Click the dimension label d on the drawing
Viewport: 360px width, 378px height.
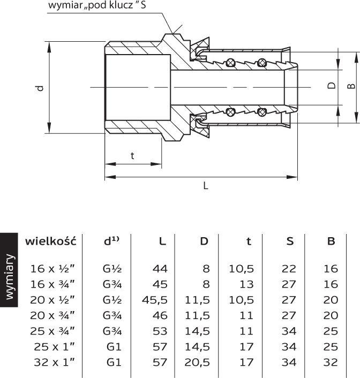(x=41, y=88)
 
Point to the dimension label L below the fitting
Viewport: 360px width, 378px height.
(x=206, y=186)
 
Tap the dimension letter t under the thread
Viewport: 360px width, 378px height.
(x=132, y=156)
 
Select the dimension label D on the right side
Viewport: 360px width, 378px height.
(x=332, y=86)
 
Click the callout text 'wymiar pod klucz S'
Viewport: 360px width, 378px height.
(x=97, y=5)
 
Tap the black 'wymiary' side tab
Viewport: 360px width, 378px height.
(x=9, y=270)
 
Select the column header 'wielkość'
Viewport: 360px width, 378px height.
(x=51, y=241)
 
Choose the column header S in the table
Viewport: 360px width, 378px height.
(x=290, y=241)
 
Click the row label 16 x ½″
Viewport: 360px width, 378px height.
(x=52, y=269)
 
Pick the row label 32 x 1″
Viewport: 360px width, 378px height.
(x=54, y=362)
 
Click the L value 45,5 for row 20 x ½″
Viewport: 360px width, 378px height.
(x=154, y=300)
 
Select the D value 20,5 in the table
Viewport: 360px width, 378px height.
(x=197, y=362)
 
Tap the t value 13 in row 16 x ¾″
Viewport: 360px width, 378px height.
(x=246, y=284)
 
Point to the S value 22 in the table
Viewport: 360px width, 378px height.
(x=289, y=269)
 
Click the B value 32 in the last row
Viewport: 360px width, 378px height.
(x=331, y=362)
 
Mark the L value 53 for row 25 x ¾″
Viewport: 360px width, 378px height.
(x=160, y=331)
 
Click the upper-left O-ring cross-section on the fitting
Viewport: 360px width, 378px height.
(x=230, y=63)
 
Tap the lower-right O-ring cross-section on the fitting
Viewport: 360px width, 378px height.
(x=262, y=112)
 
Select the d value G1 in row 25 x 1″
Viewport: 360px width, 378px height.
(x=114, y=346)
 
